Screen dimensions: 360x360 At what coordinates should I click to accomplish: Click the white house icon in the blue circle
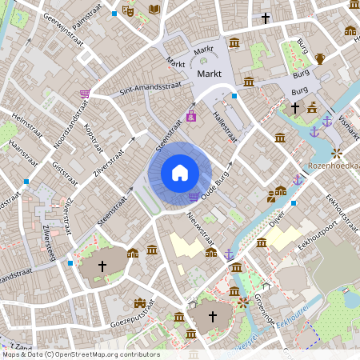pos(179,172)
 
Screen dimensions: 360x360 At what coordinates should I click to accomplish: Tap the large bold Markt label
pos(208,74)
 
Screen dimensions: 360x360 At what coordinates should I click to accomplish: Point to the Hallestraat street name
pos(223,128)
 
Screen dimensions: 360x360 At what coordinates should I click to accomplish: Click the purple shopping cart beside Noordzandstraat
pos(84,94)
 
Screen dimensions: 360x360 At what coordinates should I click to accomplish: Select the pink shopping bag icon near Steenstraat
pos(190,117)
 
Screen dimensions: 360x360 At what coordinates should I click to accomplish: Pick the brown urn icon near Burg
pos(320,58)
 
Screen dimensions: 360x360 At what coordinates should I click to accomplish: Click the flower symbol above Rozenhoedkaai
pos(337,152)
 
